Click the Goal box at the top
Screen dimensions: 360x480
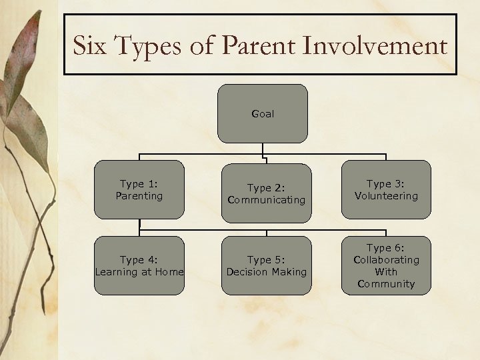point(263,113)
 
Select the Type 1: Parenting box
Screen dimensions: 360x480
point(139,190)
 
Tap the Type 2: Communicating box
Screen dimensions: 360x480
point(266,193)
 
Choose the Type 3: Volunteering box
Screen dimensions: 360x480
point(386,190)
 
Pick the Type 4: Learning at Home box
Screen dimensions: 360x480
point(139,265)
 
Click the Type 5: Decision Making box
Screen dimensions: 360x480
point(266,265)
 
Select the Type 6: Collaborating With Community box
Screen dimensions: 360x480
point(386,265)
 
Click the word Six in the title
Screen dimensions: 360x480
point(90,46)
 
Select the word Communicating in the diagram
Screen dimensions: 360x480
point(266,200)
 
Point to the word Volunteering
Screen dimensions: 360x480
point(386,196)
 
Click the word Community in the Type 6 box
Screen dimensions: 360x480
point(386,284)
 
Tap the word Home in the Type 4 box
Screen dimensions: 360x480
point(169,272)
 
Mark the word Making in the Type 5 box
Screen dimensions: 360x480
point(287,272)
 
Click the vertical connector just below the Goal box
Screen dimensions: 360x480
point(263,149)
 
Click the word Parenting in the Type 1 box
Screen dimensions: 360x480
point(139,196)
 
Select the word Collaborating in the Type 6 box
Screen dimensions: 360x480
point(386,260)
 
